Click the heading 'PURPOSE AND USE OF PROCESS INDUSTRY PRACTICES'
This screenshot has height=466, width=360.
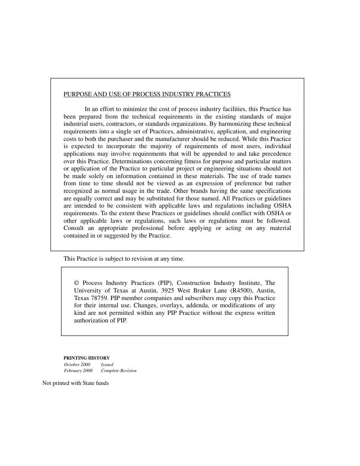tap(147, 94)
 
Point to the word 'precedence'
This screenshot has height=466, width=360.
tap(275, 154)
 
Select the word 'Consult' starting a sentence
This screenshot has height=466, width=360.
tap(74, 228)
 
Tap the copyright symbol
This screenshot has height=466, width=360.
tap(77, 283)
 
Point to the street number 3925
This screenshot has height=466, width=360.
tap(168, 291)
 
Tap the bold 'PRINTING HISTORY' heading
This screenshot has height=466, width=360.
tap(86, 358)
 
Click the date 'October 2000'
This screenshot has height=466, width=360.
tap(77, 364)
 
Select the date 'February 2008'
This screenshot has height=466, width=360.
tap(78, 371)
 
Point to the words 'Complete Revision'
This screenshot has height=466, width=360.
tap(119, 371)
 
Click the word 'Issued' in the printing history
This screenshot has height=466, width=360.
tap(107, 364)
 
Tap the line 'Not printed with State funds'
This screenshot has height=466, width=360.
tap(75, 383)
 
